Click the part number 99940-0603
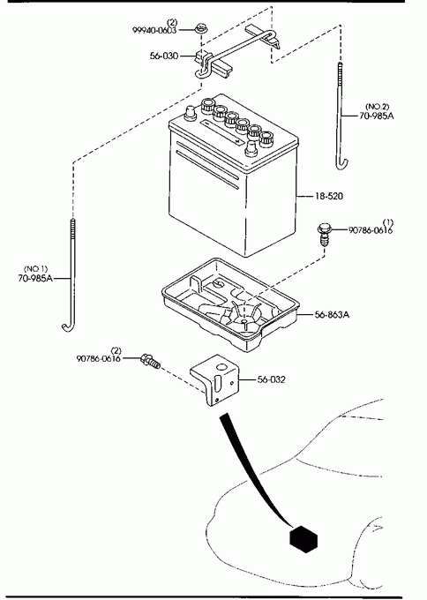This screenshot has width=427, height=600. (x=154, y=30)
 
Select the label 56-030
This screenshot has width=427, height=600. (x=164, y=56)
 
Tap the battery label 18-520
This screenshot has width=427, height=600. (x=329, y=196)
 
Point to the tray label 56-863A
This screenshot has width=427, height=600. (x=332, y=314)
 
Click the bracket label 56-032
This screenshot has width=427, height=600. (x=271, y=379)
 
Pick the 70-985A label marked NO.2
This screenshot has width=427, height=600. (x=377, y=116)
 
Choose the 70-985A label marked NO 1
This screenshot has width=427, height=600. (x=35, y=278)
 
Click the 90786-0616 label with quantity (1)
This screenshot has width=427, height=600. (x=371, y=230)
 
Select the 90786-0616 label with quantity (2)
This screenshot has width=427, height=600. (x=99, y=358)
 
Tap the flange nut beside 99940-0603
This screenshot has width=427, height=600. (x=199, y=28)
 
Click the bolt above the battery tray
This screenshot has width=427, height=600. (x=324, y=236)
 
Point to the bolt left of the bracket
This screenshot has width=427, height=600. (x=150, y=361)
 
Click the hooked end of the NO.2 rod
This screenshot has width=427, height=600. (x=341, y=163)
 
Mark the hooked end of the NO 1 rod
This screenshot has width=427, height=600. (x=68, y=326)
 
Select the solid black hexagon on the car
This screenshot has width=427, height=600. (x=303, y=539)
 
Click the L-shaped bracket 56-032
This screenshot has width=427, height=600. (x=214, y=379)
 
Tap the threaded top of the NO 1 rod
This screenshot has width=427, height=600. (x=72, y=229)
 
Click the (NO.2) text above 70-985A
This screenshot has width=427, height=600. (x=378, y=107)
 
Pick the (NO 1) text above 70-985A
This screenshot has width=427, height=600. (x=36, y=269)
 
